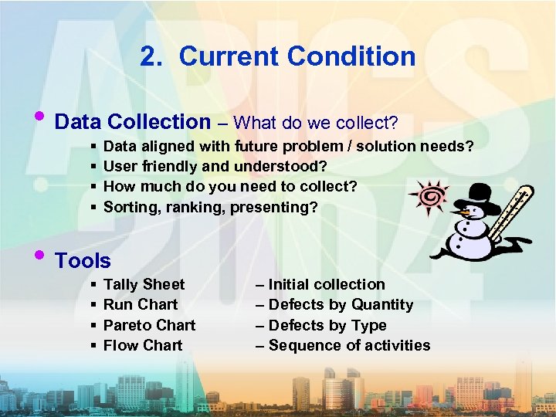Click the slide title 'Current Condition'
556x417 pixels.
[297, 56]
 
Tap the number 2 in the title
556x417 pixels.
[150, 56]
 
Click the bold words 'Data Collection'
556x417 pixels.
[133, 122]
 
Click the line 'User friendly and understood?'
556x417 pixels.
[215, 166]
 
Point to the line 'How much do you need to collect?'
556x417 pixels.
[230, 186]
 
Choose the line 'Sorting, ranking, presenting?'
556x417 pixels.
[210, 207]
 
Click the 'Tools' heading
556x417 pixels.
[83, 261]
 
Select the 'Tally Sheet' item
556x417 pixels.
[144, 284]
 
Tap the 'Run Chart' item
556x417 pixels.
[141, 304]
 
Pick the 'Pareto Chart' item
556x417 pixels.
[149, 325]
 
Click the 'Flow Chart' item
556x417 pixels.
[143, 345]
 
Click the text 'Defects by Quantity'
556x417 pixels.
[341, 304]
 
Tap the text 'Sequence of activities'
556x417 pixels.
[349, 345]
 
